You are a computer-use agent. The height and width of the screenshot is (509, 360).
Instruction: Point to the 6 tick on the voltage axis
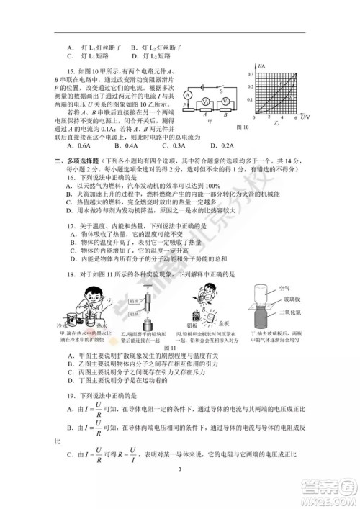(295, 117)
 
